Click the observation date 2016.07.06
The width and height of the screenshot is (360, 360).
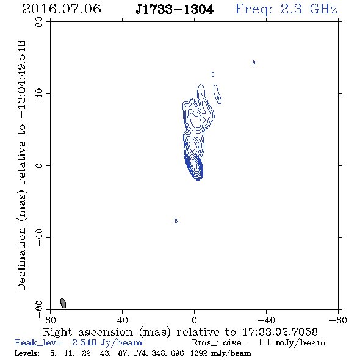pos(62,9)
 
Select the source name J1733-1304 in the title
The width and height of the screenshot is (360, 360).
pos(175,10)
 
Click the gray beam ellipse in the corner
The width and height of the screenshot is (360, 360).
pos(63,303)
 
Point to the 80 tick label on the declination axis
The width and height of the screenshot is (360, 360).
pos(40,22)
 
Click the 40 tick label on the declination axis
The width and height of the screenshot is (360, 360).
pos(40,94)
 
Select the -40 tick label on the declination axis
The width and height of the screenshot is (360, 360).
pos(40,237)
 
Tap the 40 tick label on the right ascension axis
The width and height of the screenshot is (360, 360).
pos(122,320)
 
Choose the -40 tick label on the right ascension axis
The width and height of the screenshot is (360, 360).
pos(266,320)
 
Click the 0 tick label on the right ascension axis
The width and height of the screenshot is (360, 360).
pos(194,320)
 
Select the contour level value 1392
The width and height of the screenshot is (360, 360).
pos(199,353)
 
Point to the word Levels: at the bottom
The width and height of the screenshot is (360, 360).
pos(27,353)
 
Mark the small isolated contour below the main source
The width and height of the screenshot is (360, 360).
pos(176,221)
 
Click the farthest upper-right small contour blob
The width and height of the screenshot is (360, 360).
pos(254,63)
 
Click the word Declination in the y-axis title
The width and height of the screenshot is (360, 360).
pos(21,259)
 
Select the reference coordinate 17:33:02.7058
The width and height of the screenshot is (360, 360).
pos(280,332)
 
